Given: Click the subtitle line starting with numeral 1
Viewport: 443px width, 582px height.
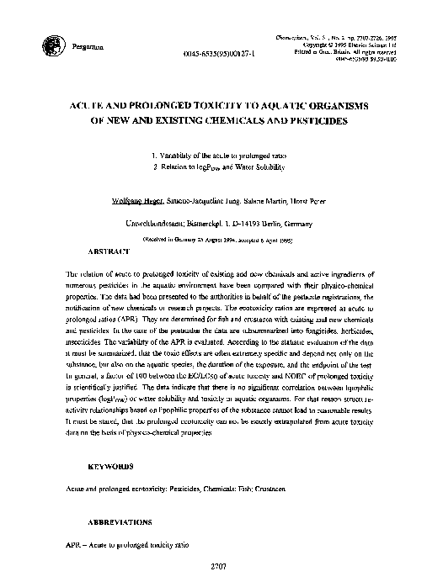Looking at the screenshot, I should point(221,156).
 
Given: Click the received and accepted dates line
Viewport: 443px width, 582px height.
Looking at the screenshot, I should point(221,239).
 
